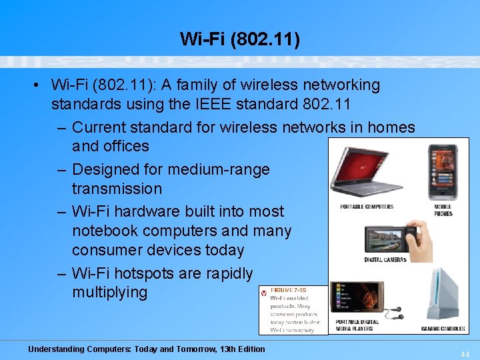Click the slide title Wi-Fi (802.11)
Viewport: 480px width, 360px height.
pos(240,39)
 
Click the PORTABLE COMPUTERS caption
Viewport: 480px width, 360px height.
pos(367,207)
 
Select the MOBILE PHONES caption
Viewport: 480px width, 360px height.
pos(443,210)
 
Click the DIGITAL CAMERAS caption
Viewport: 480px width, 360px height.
pos(385,259)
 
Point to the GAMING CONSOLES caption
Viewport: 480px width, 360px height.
pos(443,329)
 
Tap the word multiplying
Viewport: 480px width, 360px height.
pos(109,292)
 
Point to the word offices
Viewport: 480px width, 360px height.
pos(127,146)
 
